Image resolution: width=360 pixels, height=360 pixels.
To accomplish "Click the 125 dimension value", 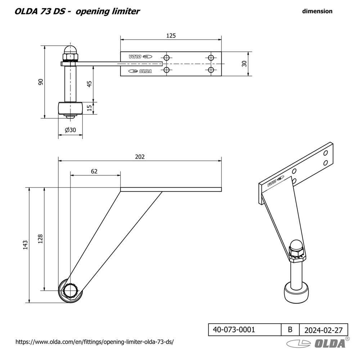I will click(171, 35).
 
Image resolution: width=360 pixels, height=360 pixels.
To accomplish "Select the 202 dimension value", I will click(140, 157).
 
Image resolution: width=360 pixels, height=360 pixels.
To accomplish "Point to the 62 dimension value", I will click(94, 171).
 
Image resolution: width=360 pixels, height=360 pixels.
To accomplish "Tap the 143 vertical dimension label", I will click(25, 245).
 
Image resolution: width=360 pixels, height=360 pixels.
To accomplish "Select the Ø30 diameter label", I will click(70, 130).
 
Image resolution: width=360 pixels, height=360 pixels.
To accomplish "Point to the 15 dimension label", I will click(89, 108).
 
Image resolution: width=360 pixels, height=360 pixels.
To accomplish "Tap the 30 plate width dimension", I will click(244, 64).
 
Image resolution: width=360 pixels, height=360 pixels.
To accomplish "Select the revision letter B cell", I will click(290, 329).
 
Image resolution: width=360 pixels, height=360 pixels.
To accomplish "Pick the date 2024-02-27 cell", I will click(323, 330).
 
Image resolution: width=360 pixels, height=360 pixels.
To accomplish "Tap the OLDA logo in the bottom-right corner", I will click(317, 343).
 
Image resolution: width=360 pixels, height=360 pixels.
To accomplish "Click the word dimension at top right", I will click(317, 11).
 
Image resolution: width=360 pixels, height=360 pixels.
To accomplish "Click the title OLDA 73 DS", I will click(40, 11).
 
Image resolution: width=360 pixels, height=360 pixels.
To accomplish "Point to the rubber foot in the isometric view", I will click(297, 292).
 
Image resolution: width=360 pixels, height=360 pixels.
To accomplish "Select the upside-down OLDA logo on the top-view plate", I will click(141, 57).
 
